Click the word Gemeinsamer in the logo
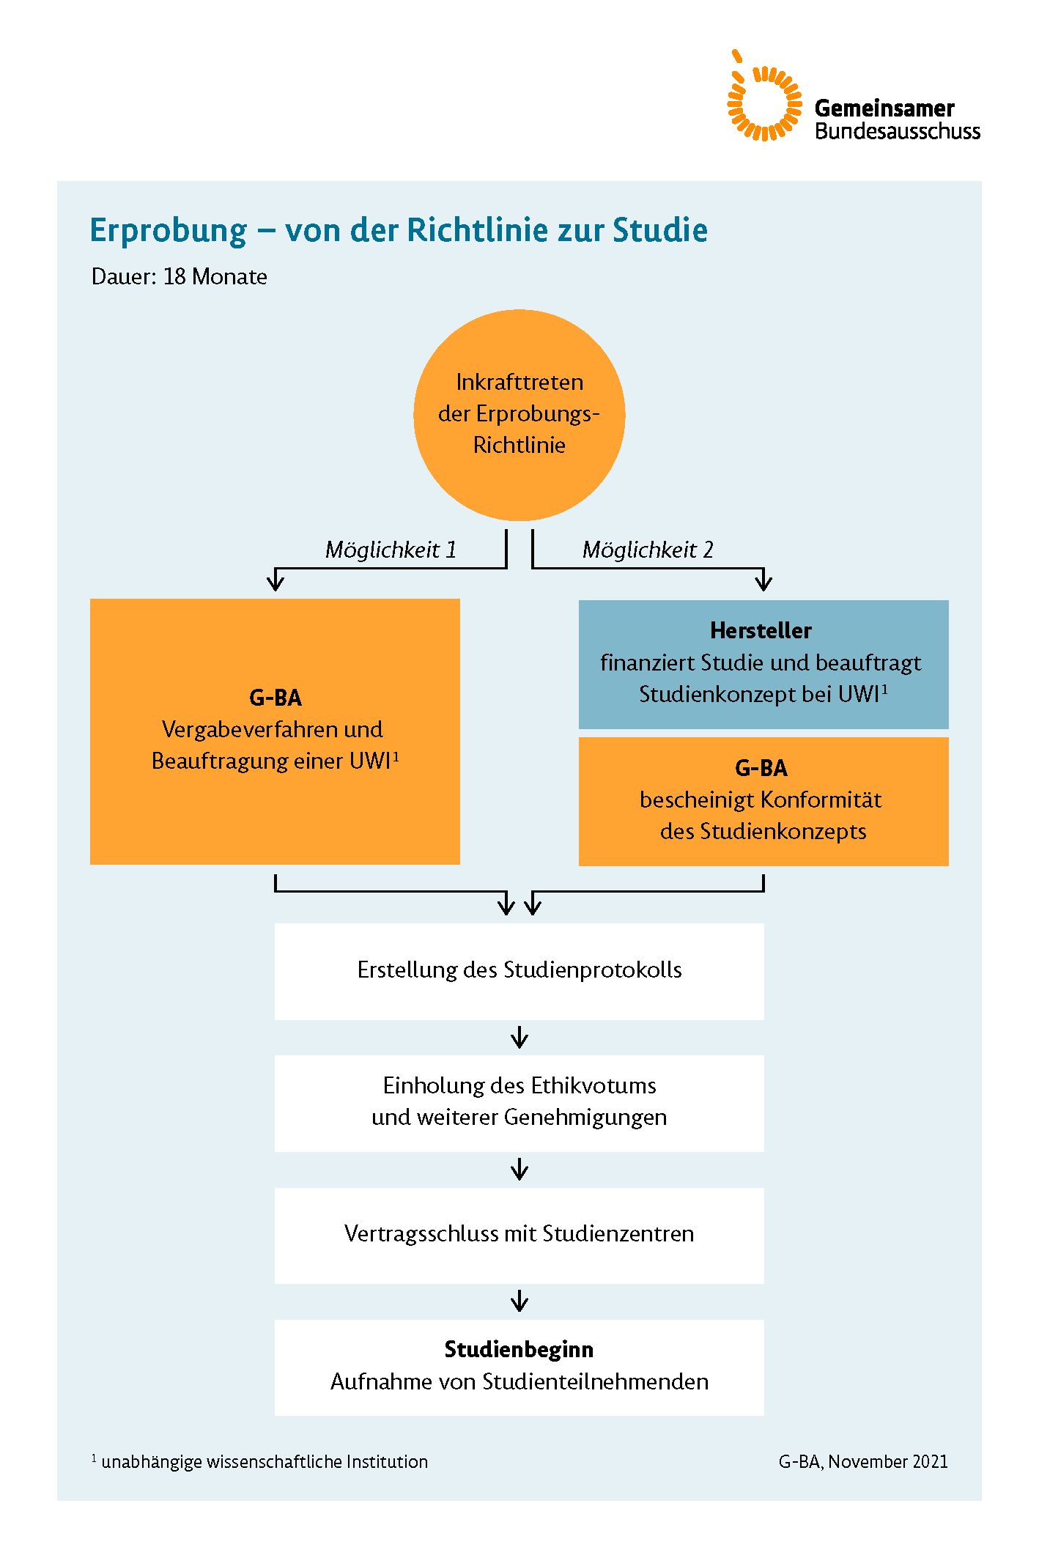tap(884, 108)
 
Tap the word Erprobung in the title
tap(169, 230)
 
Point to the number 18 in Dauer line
tap(174, 277)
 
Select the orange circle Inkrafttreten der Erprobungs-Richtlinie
tap(519, 414)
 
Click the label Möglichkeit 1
tap(391, 550)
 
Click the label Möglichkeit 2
tap(647, 550)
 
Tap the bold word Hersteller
tap(761, 630)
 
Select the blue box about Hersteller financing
tap(763, 664)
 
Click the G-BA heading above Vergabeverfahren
tap(276, 698)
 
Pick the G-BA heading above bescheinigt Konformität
tap(761, 768)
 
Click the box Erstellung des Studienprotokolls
tap(519, 971)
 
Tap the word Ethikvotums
tap(594, 1085)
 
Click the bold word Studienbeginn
tap(519, 1349)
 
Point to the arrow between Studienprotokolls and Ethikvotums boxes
tap(519, 1038)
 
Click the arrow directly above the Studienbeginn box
tap(519, 1302)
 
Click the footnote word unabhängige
tap(151, 1462)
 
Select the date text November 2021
tap(888, 1462)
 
